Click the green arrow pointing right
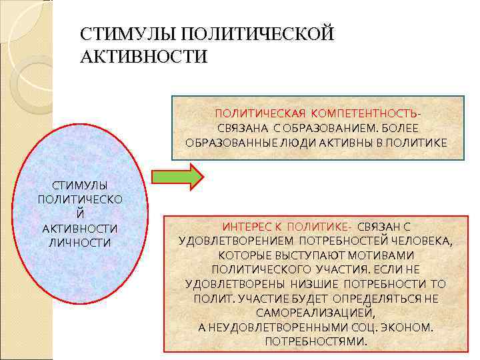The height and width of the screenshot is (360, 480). [178, 177]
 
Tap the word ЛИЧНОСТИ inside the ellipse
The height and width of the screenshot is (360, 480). [79, 242]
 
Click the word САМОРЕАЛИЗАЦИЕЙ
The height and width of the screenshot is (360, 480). [316, 312]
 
